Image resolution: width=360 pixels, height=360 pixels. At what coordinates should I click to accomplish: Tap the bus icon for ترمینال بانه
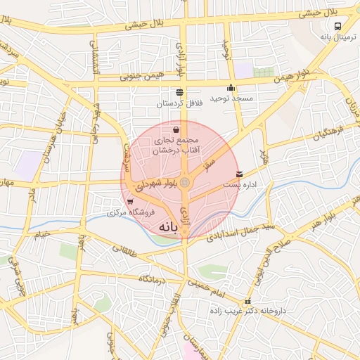[338, 26]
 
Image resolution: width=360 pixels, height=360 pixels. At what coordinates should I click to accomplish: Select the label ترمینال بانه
[335, 37]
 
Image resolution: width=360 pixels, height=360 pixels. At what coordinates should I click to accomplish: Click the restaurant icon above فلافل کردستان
[179, 92]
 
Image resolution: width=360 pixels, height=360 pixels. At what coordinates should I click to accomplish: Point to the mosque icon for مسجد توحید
[231, 87]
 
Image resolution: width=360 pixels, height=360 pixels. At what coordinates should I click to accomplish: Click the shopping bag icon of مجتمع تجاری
[175, 129]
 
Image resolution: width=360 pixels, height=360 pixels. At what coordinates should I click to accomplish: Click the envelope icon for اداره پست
[240, 174]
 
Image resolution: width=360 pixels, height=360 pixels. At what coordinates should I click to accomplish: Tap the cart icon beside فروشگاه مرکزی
[129, 201]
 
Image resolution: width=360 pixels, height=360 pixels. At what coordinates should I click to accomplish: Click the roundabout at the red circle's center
[184, 183]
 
